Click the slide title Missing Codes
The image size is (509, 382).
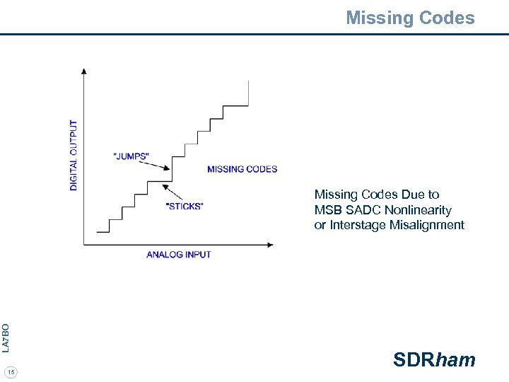point(410,18)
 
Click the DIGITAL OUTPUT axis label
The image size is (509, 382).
point(74,154)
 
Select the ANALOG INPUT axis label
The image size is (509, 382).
point(179,255)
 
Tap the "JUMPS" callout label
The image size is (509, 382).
point(131,156)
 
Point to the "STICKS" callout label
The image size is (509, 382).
point(184,207)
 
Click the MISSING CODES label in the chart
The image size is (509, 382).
point(242,169)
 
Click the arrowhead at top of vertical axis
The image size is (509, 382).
point(84,71)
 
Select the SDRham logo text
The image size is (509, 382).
point(434,360)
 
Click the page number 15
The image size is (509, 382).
point(11,371)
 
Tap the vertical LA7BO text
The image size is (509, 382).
point(6,337)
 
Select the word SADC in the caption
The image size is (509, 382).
point(362,210)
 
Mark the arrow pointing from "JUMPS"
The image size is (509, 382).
point(155,165)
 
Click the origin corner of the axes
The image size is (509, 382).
point(84,245)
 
